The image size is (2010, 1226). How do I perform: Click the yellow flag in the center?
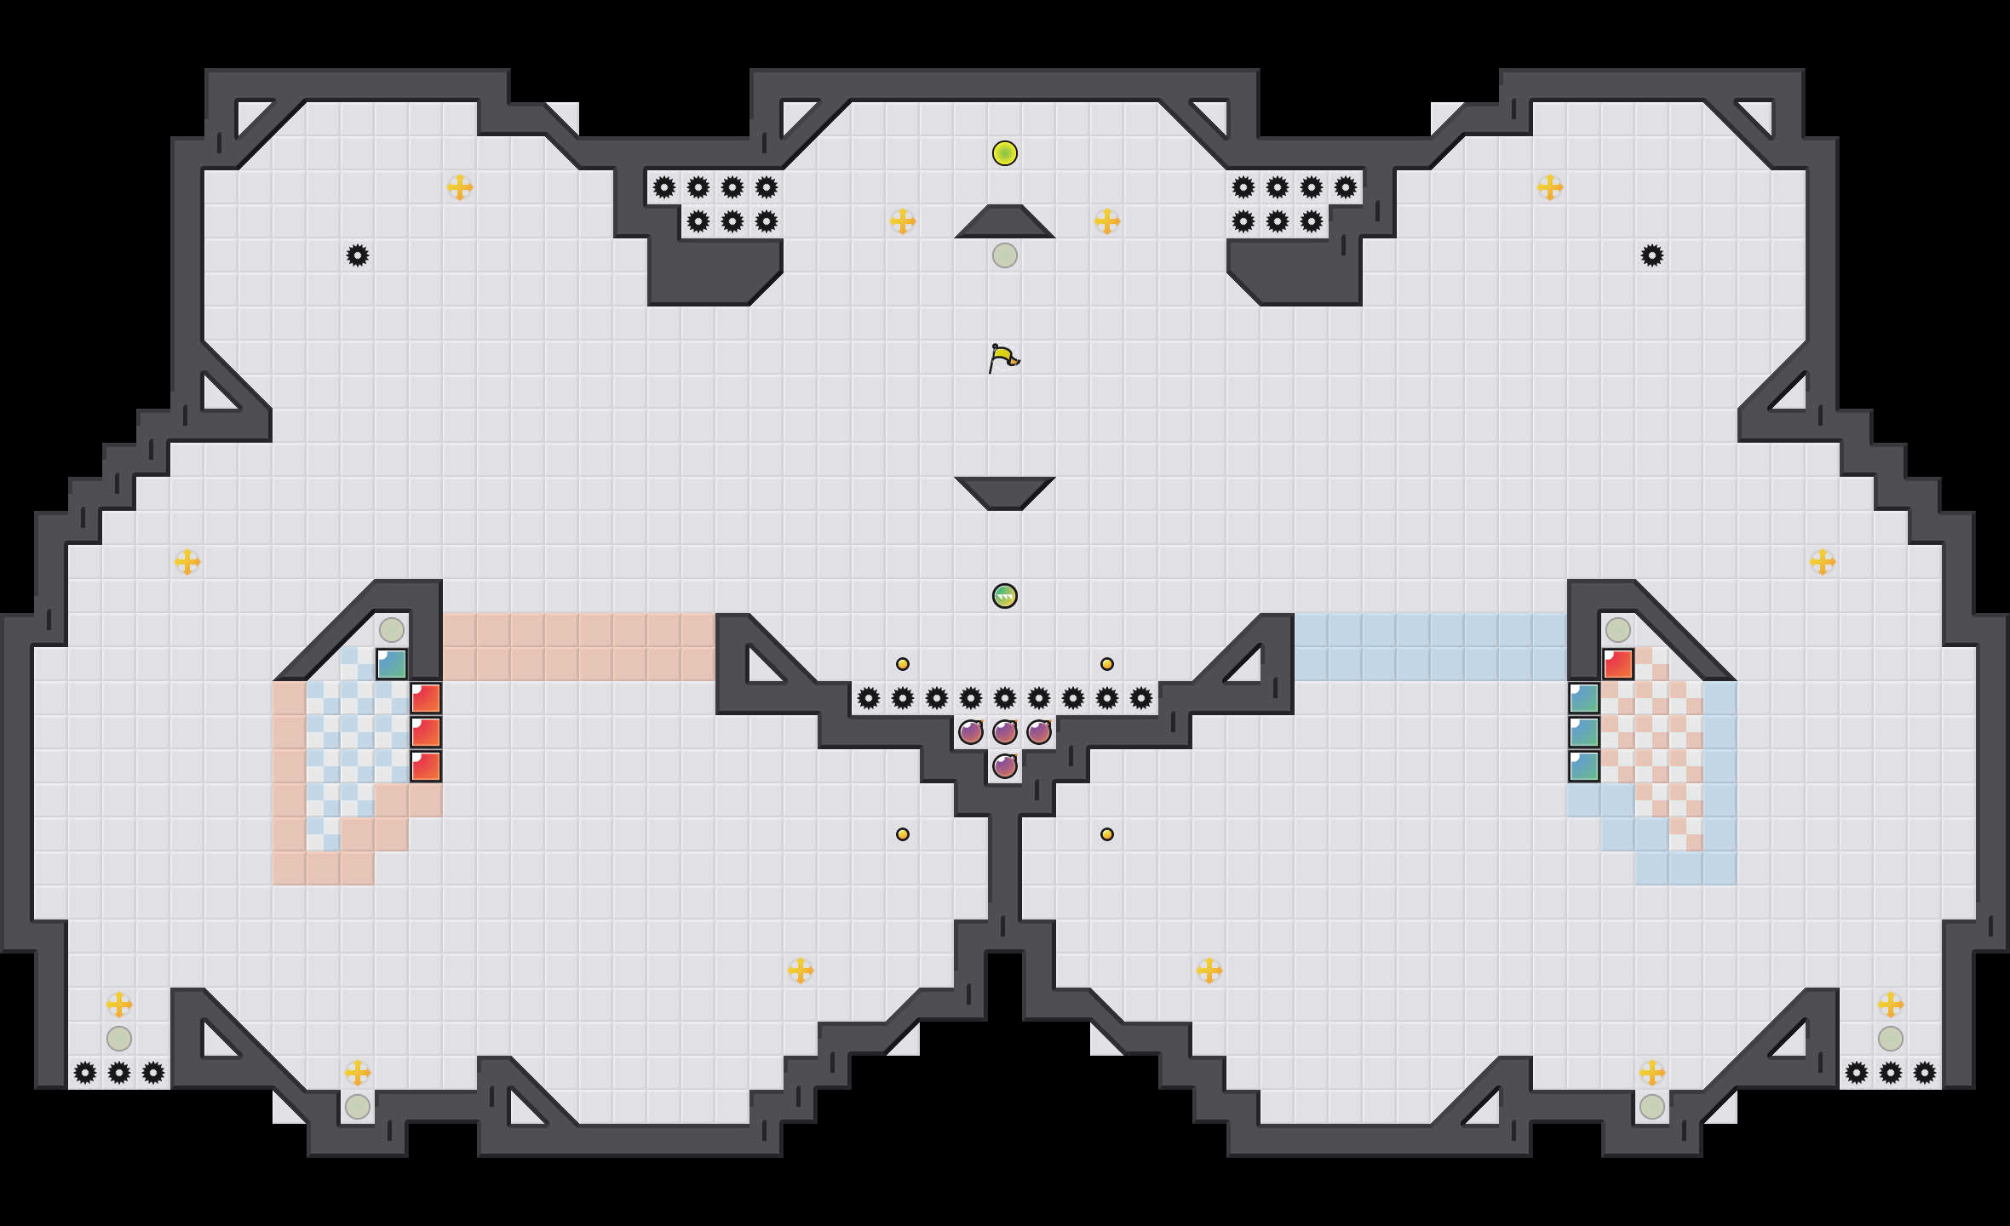click(x=1003, y=358)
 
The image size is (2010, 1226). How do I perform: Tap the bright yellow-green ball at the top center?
click(x=1005, y=153)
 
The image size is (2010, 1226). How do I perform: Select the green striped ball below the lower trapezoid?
click(x=1005, y=596)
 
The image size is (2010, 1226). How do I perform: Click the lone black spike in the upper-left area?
click(x=358, y=255)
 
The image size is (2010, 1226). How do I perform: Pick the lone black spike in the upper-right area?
click(x=1652, y=255)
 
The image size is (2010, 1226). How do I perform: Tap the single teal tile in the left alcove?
click(x=392, y=664)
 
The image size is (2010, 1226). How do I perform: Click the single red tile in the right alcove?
click(x=1618, y=664)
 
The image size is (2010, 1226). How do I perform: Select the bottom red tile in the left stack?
click(x=426, y=766)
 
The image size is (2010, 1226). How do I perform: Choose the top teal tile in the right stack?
click(x=1584, y=698)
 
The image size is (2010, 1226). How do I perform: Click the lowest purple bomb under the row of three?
click(x=1005, y=766)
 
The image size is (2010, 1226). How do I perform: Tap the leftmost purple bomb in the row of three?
click(x=971, y=732)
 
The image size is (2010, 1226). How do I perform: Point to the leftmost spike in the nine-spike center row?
click(x=869, y=698)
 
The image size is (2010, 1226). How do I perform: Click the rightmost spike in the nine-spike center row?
click(x=1141, y=698)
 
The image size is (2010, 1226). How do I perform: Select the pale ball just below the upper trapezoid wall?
click(x=1005, y=255)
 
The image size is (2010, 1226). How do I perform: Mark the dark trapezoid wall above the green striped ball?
click(x=1005, y=492)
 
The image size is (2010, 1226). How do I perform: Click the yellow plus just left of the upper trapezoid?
click(x=903, y=221)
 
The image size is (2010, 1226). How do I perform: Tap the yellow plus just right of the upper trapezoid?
click(x=1107, y=221)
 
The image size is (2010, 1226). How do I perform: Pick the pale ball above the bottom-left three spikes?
click(x=119, y=1039)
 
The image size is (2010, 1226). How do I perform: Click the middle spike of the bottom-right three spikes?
click(x=1891, y=1073)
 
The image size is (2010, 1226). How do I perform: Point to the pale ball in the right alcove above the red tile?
click(x=1618, y=630)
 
